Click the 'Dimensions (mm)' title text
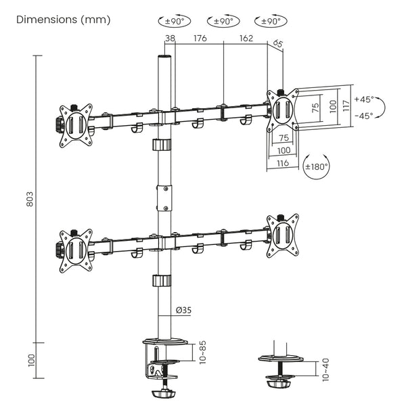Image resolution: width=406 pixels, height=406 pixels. click(63, 19)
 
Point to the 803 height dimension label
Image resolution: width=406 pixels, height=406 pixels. click(30, 199)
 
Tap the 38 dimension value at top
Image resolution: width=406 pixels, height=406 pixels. click(170, 39)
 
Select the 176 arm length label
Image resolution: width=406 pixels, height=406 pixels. click(199, 39)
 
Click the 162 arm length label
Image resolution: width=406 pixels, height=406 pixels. click(246, 39)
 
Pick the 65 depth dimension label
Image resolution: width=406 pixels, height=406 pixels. click(277, 44)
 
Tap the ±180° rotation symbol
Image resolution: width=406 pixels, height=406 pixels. click(316, 166)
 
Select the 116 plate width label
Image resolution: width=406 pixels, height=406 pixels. click(282, 164)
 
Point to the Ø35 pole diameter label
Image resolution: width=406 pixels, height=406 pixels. click(183, 310)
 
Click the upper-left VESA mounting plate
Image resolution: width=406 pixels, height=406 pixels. click(74, 125)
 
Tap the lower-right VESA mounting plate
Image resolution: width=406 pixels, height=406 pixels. click(282, 236)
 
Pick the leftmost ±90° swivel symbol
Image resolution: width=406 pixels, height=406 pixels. click(171, 22)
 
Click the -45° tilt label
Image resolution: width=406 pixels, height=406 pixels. click(365, 115)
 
